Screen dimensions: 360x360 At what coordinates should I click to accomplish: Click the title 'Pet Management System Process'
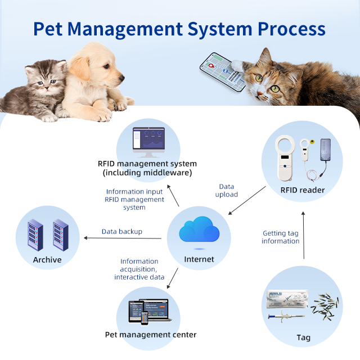[x=179, y=29]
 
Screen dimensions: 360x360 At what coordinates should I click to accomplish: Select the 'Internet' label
[x=199, y=259]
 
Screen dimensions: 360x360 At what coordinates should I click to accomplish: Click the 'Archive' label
[x=47, y=259]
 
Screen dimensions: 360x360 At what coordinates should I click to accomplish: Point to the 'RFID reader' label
[x=302, y=190]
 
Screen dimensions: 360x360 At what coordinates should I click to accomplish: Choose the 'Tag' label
[x=303, y=338]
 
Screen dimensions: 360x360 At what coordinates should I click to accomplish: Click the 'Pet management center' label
[x=151, y=335]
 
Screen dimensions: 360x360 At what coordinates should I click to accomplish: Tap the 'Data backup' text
[x=121, y=231]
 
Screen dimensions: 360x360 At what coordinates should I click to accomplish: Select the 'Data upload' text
[x=227, y=190]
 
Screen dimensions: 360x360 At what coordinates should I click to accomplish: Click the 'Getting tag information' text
[x=281, y=237]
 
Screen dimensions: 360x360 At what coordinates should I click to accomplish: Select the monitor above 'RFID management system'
[x=148, y=140]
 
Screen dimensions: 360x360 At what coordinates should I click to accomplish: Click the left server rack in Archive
[x=36, y=235]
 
